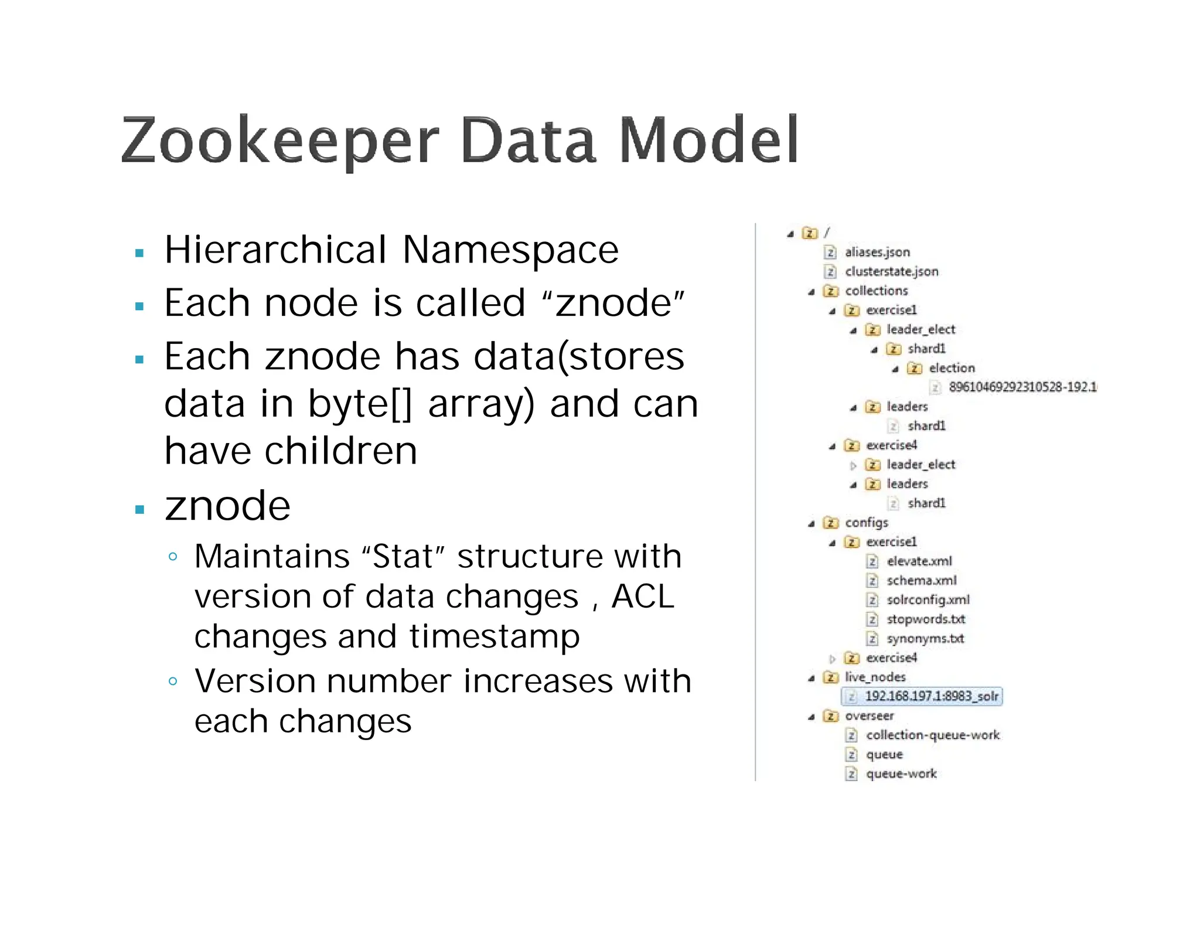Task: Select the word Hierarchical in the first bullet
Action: (276, 250)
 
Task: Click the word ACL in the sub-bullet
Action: (642, 597)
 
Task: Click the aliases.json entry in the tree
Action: (877, 252)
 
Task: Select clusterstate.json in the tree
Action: (891, 271)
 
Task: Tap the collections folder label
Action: (876, 291)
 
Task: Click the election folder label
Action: (952, 368)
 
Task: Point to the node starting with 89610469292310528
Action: (1022, 387)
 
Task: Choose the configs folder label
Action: (866, 522)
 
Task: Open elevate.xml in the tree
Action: (919, 561)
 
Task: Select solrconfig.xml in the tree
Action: (928, 600)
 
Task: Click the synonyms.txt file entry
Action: (925, 639)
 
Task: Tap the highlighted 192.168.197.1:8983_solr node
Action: (931, 696)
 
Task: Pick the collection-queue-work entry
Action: (932, 735)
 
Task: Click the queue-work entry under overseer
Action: (901, 773)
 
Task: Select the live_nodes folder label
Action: (875, 677)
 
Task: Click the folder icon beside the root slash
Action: (809, 233)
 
